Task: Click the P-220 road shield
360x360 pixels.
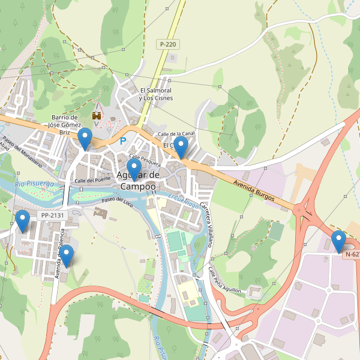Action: (x=169, y=44)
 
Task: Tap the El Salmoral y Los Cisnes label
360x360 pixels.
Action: (x=155, y=94)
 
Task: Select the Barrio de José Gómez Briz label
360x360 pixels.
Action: (x=66, y=125)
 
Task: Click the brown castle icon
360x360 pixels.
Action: (x=96, y=115)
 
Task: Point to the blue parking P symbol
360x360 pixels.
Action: (x=124, y=141)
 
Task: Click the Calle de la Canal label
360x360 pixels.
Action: (x=176, y=133)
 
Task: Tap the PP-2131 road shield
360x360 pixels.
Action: (x=52, y=215)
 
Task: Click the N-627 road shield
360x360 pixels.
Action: (x=352, y=254)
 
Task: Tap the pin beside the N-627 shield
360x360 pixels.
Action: (x=339, y=241)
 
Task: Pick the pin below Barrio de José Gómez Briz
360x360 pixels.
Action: (x=86, y=139)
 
